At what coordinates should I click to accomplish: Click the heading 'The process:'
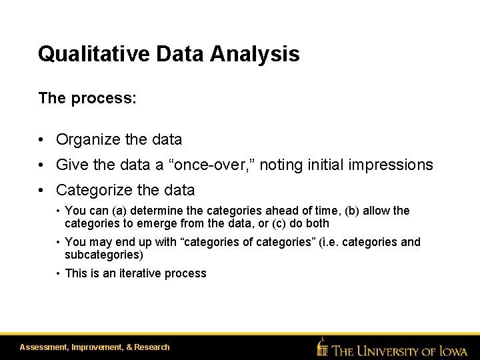pyautogui.click(x=87, y=99)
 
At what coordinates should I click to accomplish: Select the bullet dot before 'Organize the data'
pyautogui.click(x=42, y=140)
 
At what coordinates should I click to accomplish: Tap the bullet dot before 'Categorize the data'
pyautogui.click(x=42, y=191)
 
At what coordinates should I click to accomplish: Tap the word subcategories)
pyautogui.click(x=104, y=255)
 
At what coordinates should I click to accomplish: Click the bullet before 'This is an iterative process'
pyautogui.click(x=59, y=273)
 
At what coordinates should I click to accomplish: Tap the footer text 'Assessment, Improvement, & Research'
pyautogui.click(x=95, y=347)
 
